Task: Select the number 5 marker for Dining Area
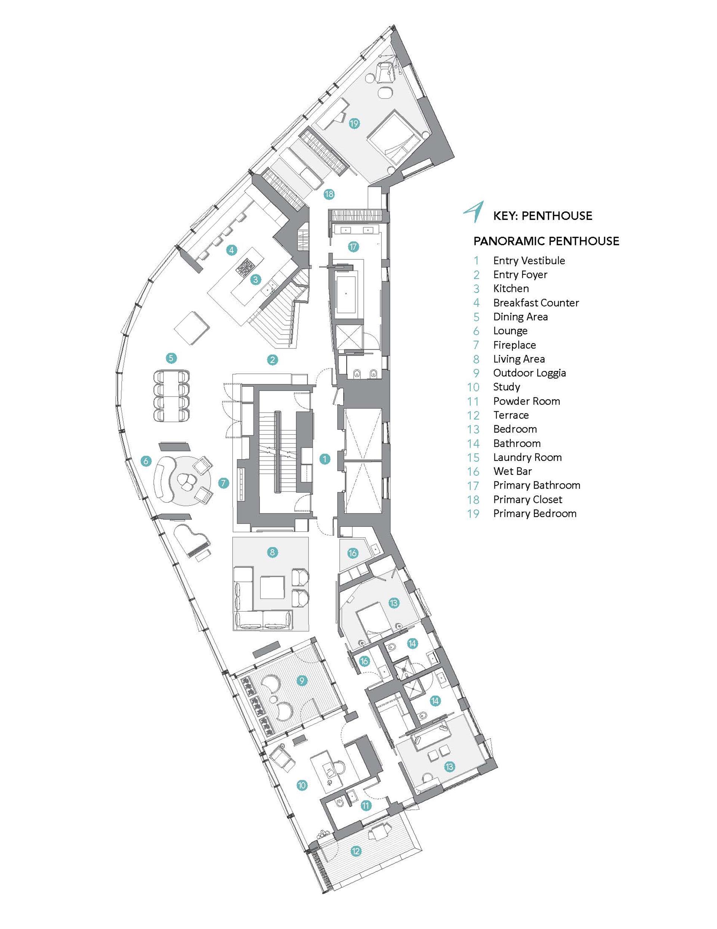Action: (x=171, y=358)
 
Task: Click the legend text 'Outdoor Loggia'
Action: (x=529, y=373)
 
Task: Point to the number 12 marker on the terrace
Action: (x=356, y=851)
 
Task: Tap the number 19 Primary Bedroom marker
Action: (x=354, y=123)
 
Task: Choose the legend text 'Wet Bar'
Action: (x=512, y=471)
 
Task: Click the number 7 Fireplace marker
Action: (x=224, y=483)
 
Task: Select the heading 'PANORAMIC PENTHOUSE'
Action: (x=546, y=241)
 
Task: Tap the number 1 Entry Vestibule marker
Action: (x=325, y=459)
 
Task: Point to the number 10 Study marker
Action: (x=302, y=785)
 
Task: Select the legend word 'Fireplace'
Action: (x=514, y=345)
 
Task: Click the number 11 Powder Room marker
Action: (x=366, y=806)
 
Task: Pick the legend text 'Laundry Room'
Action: (x=527, y=457)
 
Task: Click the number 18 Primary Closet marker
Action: (x=329, y=194)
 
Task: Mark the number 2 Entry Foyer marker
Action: (x=273, y=360)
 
